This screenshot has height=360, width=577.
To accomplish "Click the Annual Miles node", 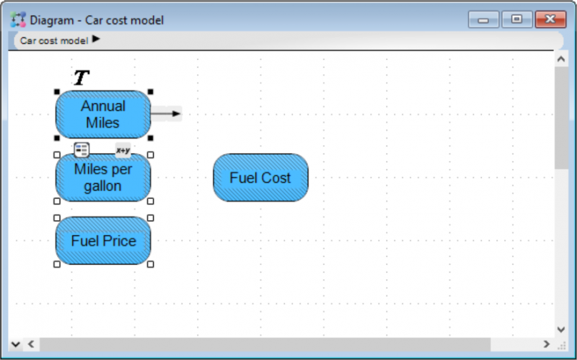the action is [103, 115].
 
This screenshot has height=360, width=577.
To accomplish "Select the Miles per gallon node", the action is [103, 177].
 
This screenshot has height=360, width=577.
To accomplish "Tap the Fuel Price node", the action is [103, 241].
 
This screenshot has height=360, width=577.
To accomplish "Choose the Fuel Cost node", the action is [260, 177].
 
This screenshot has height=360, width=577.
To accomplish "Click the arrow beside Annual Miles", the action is [166, 114].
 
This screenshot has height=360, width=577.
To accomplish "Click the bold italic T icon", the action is [82, 78].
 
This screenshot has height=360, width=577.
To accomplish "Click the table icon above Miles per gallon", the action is [82, 150].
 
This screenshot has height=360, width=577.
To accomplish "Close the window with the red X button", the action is [550, 19].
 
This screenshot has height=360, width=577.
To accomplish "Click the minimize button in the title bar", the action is [483, 19].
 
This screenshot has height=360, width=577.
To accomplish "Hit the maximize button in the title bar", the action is [516, 19].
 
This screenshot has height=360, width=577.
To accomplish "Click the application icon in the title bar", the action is [18, 19].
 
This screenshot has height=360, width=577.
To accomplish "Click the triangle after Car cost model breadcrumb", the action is [96, 39].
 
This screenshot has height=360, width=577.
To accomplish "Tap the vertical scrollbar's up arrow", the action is [561, 59].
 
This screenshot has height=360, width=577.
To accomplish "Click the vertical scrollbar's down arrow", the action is [561, 330].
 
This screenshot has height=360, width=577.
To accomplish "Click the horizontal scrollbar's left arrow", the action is [31, 344].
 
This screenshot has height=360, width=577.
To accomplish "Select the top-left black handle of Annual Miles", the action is [57, 92].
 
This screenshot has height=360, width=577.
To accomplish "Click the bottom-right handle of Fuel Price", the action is [151, 264].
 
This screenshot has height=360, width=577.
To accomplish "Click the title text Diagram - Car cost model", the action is [97, 20].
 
